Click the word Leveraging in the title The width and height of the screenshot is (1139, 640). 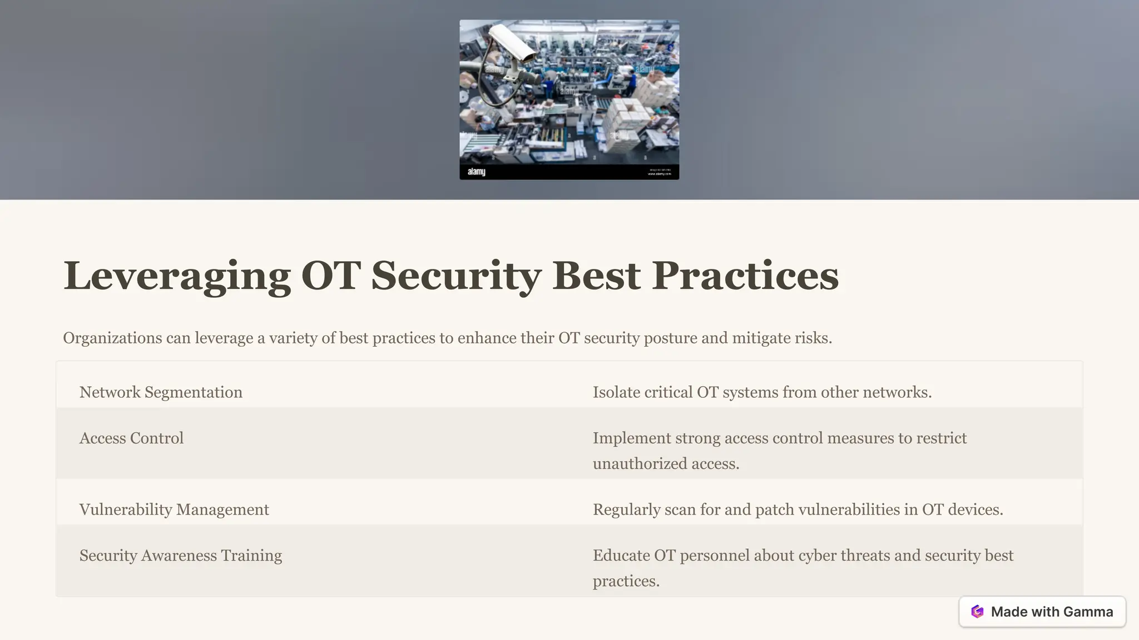click(177, 276)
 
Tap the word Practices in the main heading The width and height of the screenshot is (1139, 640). click(745, 276)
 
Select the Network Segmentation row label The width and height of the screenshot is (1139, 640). click(161, 392)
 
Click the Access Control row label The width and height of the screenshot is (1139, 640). click(131, 438)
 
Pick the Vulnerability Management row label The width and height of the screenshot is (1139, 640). click(174, 509)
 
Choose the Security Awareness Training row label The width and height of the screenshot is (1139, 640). click(181, 556)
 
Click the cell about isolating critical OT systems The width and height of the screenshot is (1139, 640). click(762, 392)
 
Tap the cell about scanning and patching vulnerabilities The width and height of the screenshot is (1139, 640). click(798, 509)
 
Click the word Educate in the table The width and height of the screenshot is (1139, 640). click(621, 556)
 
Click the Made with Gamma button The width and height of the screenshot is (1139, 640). click(1042, 612)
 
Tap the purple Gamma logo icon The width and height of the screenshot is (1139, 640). click(977, 612)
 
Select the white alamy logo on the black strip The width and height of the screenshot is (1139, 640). click(476, 172)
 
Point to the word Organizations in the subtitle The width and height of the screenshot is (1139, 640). click(112, 338)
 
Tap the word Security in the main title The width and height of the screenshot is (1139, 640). click(456, 276)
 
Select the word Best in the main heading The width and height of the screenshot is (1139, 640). click(596, 276)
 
